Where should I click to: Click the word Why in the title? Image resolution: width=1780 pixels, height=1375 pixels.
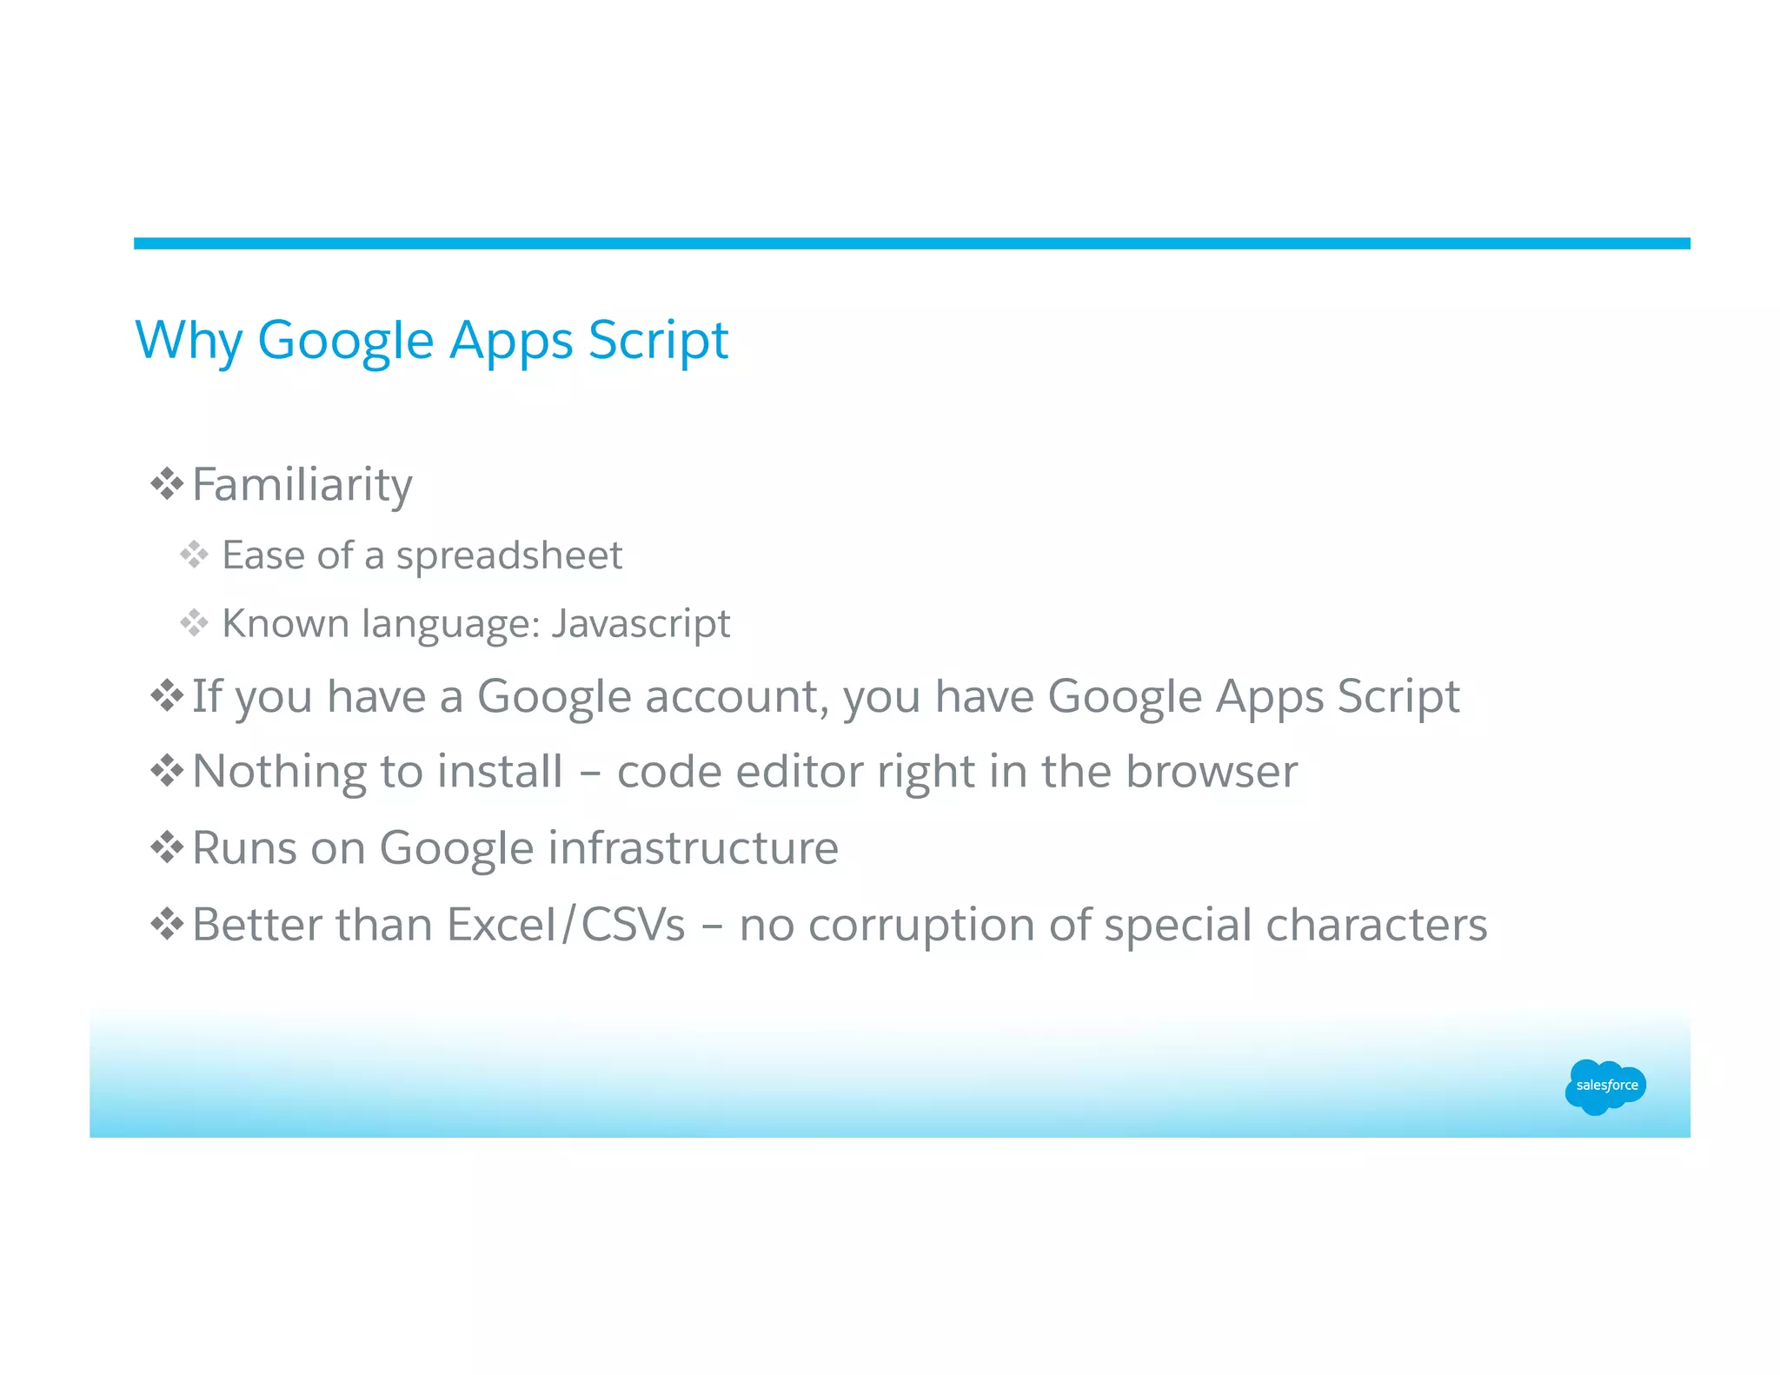point(188,340)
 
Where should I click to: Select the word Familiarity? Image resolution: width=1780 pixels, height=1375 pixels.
point(302,485)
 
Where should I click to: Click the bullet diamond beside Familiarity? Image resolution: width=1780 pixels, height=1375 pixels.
point(166,483)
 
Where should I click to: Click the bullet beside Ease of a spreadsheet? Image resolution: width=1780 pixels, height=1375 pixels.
point(194,555)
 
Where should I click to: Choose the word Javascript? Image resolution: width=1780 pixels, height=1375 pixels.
point(641,624)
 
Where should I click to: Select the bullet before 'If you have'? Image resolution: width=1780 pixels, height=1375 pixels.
point(166,695)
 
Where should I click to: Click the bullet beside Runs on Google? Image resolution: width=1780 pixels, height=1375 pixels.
point(166,847)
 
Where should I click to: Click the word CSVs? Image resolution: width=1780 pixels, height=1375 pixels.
point(633,924)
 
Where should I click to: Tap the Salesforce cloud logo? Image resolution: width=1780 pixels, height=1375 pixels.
point(1604,1086)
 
